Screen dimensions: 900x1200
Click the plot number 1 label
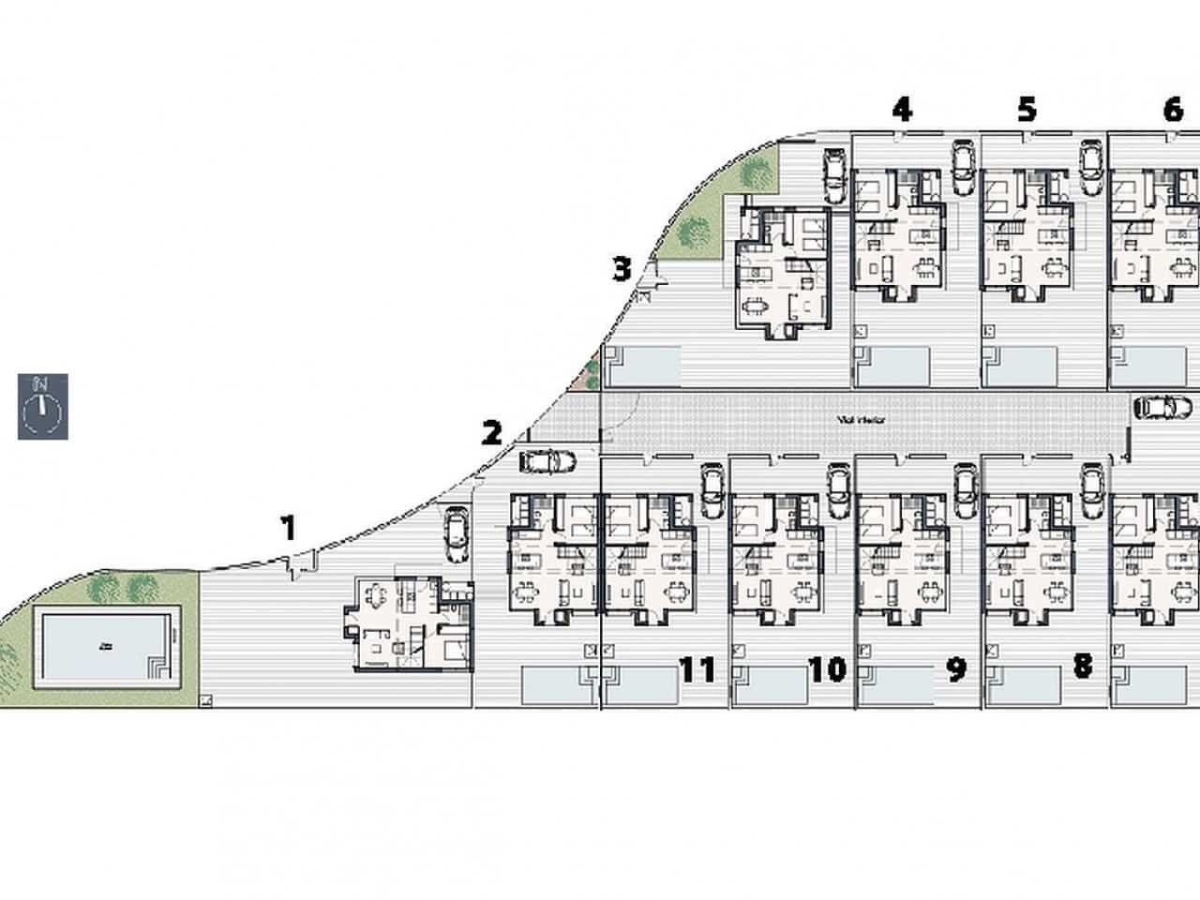290,529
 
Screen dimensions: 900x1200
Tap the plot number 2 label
491,433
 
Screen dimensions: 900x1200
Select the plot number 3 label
622,269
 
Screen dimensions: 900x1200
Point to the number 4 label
901,110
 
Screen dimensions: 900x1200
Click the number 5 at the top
1027,110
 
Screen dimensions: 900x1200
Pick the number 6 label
1172,110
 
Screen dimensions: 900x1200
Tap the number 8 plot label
1083,667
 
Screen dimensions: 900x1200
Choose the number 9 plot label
955,669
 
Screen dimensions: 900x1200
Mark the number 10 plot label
827,669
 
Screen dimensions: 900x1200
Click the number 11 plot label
697,669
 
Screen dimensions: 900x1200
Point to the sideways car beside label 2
547,461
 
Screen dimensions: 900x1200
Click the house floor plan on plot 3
784,269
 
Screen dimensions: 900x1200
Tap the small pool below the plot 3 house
643,366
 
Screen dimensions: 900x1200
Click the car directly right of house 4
962,169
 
